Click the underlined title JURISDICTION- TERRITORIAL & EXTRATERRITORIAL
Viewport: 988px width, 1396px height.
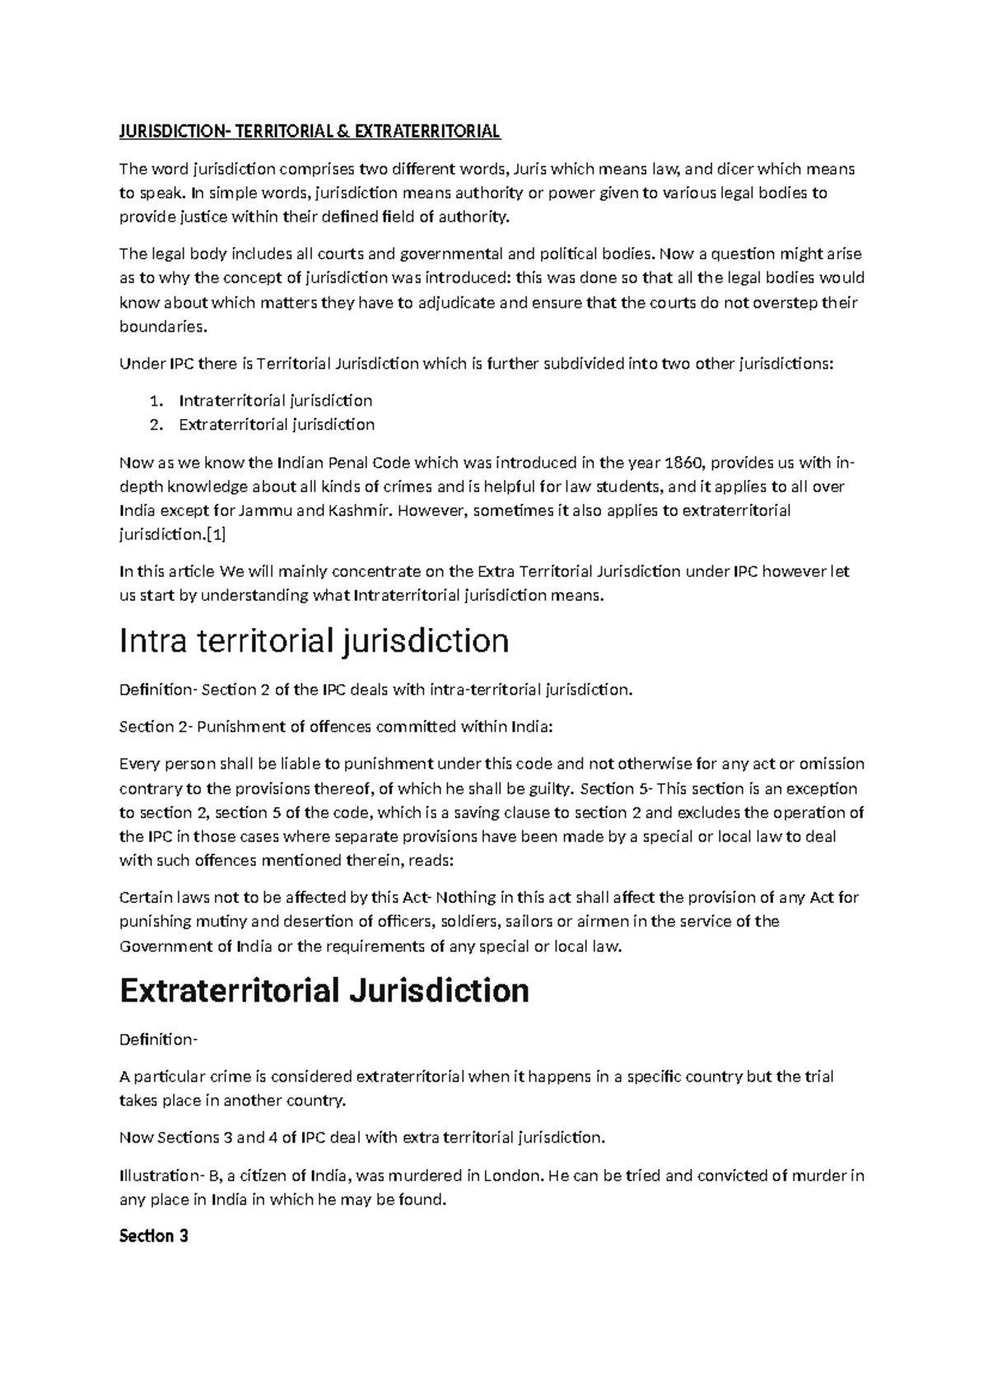310,132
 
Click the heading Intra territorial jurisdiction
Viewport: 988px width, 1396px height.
314,641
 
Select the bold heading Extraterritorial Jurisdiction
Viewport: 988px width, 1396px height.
324,990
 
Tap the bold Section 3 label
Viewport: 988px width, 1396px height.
154,1236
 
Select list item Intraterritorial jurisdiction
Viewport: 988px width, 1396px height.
275,401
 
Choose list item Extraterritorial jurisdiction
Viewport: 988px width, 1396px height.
277,425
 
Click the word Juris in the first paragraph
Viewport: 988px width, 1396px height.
529,170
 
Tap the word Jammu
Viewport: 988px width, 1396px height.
264,510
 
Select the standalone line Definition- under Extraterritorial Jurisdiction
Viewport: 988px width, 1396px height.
158,1040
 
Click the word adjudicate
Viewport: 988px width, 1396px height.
456,302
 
